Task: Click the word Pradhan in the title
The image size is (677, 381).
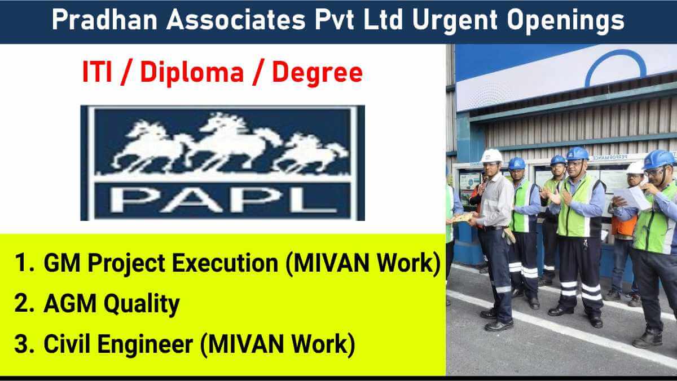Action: (104, 20)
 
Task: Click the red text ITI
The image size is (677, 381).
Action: (97, 73)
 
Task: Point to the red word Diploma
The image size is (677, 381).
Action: (192, 74)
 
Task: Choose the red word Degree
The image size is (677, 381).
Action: (317, 74)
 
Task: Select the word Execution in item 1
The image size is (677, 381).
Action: (225, 263)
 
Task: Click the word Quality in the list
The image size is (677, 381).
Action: (142, 304)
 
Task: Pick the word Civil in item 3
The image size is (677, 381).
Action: (67, 344)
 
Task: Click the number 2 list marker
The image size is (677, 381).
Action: (24, 303)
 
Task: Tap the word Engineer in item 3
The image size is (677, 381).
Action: (146, 345)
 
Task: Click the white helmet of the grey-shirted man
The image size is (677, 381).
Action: (492, 156)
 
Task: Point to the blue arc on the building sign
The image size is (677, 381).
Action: (615, 63)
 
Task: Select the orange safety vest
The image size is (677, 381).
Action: (624, 225)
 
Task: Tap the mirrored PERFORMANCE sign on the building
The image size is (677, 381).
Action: (609, 157)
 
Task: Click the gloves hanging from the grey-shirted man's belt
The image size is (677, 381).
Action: (508, 236)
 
